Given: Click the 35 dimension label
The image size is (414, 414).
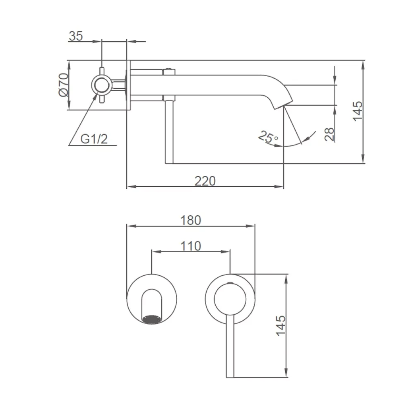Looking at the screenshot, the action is click(x=76, y=36).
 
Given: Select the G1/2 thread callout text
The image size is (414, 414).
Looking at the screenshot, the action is click(x=94, y=139).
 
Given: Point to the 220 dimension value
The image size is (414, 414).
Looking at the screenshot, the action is click(x=205, y=181).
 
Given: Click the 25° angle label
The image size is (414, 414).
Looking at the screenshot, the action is click(x=268, y=137).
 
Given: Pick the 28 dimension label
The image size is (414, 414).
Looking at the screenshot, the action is click(x=329, y=134).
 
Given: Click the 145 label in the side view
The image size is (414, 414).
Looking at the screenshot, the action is click(x=358, y=111).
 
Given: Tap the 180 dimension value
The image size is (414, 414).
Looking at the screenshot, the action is click(x=191, y=220).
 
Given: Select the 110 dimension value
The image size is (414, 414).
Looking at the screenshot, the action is click(x=191, y=246).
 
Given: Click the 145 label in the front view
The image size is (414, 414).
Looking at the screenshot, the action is click(x=281, y=326).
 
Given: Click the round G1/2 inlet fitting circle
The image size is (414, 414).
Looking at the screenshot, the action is click(x=102, y=84).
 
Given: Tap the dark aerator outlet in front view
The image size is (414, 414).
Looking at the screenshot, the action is click(x=152, y=319).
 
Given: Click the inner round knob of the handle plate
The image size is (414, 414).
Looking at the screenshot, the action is click(x=230, y=299).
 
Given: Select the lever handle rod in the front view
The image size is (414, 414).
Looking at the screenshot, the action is click(x=230, y=346).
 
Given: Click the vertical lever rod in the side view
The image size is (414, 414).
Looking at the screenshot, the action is click(x=169, y=132).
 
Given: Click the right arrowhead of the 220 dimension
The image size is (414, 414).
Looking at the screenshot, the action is click(x=279, y=187).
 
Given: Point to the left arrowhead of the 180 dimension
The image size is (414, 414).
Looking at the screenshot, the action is click(x=131, y=226).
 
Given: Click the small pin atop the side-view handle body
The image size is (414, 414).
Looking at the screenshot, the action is click(x=169, y=69).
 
